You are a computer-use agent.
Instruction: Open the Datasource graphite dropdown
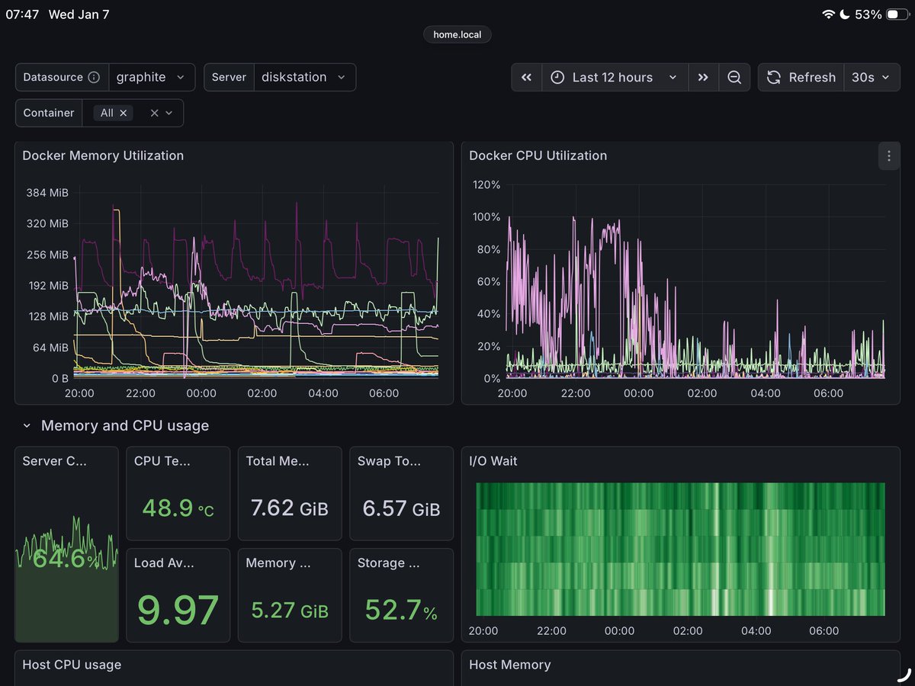tap(150, 77)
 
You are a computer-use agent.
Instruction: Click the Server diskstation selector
tap(303, 77)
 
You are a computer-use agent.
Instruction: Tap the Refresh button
tap(801, 77)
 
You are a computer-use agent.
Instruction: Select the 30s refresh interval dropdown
tap(870, 77)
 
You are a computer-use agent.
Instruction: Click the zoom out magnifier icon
tap(734, 77)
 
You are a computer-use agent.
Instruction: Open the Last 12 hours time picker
tap(614, 77)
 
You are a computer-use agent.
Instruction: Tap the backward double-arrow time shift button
tap(526, 77)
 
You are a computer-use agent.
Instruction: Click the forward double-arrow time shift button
tap(703, 77)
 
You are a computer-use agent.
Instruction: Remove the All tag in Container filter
tap(124, 113)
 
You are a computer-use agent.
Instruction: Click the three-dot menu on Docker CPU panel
tap(888, 156)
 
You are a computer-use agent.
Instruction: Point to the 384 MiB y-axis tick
tap(48, 193)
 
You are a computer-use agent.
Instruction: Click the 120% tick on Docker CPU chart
tap(486, 184)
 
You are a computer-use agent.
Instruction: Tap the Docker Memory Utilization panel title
tap(103, 155)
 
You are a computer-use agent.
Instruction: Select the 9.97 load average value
tap(178, 609)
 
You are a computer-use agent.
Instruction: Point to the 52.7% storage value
tap(401, 610)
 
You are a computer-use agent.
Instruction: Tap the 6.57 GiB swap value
tap(401, 508)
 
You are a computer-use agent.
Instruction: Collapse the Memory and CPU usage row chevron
tap(27, 426)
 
